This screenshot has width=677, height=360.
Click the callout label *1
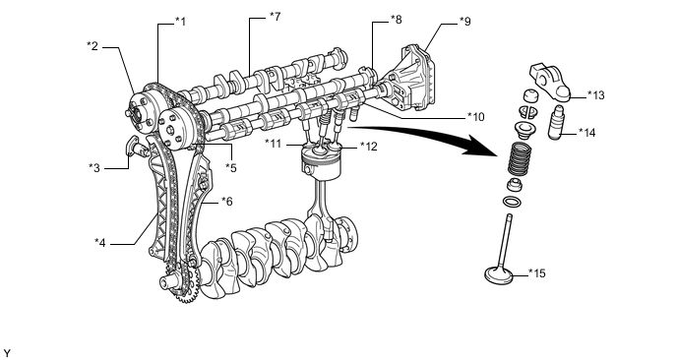coord(180,22)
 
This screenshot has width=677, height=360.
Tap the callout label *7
coord(276,17)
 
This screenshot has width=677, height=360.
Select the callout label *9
coord(465,22)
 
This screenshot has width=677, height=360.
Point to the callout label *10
coord(476,117)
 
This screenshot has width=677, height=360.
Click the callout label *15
coord(537,273)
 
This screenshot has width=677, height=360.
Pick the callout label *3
coord(94,167)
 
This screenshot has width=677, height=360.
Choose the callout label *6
coord(227,202)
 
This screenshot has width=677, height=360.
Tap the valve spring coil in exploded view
coord(522,157)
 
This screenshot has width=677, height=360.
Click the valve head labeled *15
coord(499,275)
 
